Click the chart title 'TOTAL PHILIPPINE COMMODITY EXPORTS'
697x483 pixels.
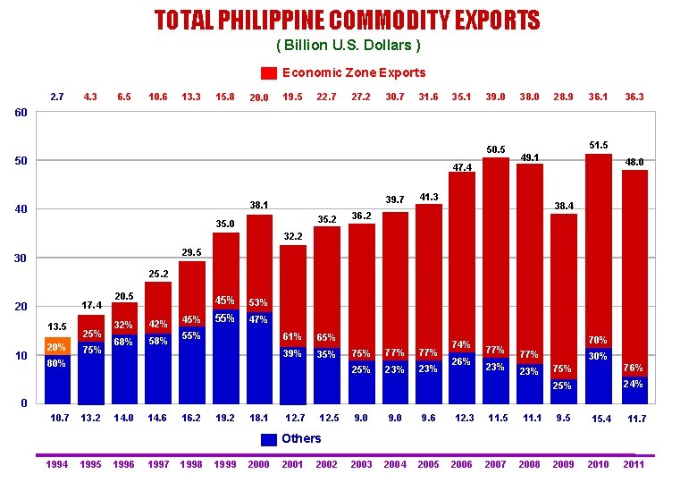[347, 20]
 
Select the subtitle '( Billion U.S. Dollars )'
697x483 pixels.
[348, 45]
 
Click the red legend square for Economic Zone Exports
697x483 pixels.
[269, 73]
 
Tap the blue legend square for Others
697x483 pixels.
[269, 439]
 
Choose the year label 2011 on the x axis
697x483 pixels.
[634, 464]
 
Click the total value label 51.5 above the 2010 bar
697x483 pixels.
[599, 145]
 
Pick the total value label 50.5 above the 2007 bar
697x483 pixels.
[496, 149]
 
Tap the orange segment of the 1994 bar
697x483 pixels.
[57, 346]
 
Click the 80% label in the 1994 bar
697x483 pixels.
[56, 364]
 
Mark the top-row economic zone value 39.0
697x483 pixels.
[494, 97]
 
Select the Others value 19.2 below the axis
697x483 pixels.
[225, 418]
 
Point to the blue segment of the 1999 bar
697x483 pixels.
[225, 358]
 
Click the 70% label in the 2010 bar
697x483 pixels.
[598, 340]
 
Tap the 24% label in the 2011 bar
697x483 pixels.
[633, 384]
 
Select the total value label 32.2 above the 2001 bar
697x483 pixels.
[294, 237]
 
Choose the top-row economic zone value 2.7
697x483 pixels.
[56, 97]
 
